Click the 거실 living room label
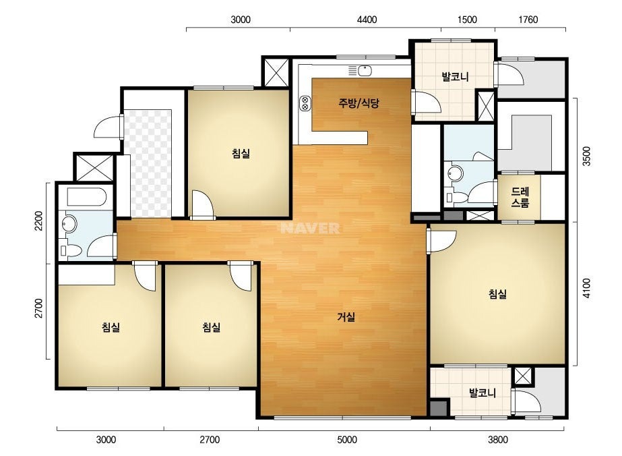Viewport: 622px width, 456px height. point(346,317)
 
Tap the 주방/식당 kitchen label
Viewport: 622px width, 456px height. point(359,103)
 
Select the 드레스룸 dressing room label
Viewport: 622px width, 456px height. point(520,198)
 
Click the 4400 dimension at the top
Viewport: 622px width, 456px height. point(367,20)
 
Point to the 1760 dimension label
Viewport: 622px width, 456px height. point(528,20)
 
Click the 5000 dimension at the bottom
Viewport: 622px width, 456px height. point(347,440)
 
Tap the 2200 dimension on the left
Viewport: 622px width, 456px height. point(38,221)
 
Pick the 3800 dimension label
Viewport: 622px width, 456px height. point(498,440)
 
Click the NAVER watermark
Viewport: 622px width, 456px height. point(310,228)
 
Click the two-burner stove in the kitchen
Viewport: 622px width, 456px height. point(305,103)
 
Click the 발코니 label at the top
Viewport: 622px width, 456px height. point(455,77)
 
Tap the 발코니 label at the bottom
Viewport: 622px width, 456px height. point(483,393)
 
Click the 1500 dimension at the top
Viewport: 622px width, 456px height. point(467,20)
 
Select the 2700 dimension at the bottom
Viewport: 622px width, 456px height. point(210,440)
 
